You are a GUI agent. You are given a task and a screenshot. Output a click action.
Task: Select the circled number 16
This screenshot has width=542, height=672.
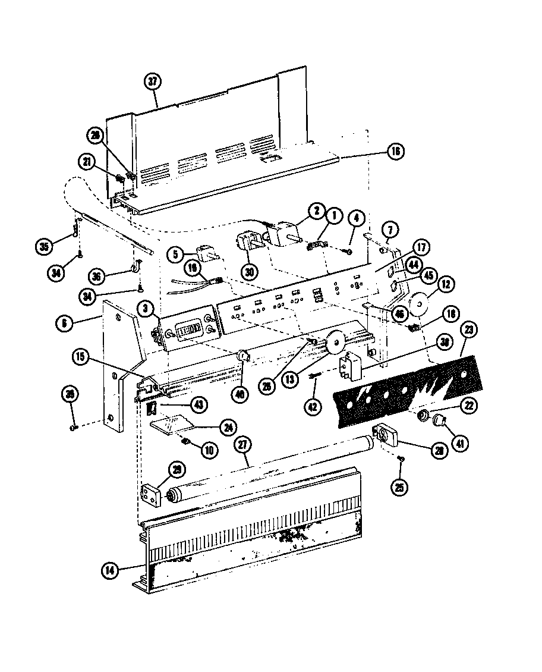tap(396, 152)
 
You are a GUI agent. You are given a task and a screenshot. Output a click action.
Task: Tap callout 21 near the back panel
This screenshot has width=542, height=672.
tap(87, 162)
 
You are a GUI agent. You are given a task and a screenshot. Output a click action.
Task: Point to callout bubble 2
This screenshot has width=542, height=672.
tap(317, 211)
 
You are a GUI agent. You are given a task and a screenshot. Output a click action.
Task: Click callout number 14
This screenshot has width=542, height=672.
tap(109, 569)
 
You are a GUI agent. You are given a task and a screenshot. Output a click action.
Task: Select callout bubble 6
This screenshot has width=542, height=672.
tap(64, 324)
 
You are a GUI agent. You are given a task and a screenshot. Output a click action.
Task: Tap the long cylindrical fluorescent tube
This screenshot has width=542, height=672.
tap(267, 468)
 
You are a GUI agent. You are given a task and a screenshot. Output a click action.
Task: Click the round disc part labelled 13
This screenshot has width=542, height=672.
tap(336, 344)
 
